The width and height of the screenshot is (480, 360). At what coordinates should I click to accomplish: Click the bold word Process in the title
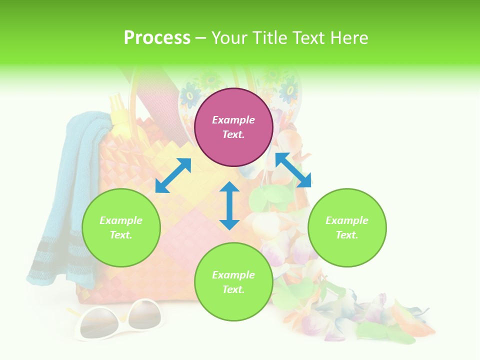coord(157,38)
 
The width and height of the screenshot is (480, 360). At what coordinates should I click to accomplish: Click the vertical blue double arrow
coord(229,205)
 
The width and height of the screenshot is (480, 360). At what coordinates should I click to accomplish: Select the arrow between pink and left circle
coord(173,175)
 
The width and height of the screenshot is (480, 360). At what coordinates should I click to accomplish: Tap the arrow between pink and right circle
coord(293,170)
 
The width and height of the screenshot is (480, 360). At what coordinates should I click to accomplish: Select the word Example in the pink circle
coord(233,120)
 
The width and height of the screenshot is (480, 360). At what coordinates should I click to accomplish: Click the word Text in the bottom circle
coord(233,289)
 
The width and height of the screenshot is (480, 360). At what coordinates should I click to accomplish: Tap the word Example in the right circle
coord(346,220)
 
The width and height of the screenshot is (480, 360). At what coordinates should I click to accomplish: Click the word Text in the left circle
coord(121,235)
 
